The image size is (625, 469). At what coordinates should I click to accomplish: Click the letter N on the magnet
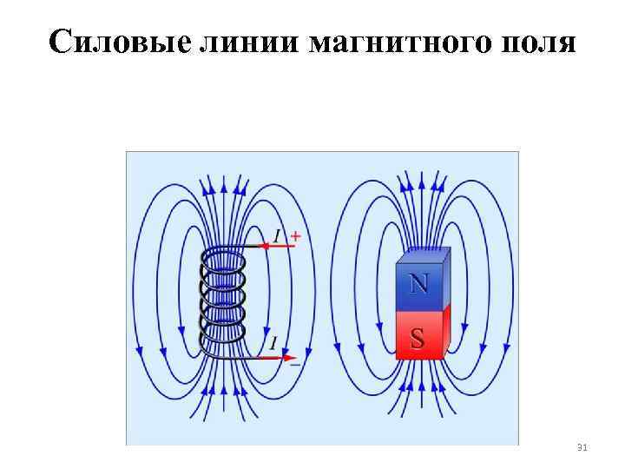[418, 283]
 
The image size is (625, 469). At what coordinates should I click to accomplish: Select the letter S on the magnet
[418, 338]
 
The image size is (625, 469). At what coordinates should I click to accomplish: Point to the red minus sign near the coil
[295, 365]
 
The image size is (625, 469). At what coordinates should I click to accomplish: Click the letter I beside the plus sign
[278, 235]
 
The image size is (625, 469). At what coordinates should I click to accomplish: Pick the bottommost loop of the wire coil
[224, 346]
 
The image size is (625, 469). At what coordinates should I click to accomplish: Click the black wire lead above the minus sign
[260, 357]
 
